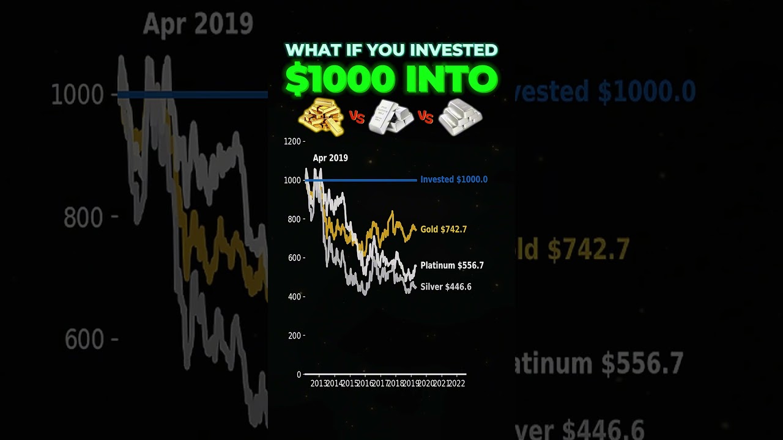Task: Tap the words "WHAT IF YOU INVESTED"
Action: (x=391, y=50)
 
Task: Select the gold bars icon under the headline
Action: (x=321, y=117)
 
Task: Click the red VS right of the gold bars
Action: (x=357, y=117)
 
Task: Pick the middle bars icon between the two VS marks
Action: (x=390, y=117)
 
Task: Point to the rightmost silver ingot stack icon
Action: (x=461, y=117)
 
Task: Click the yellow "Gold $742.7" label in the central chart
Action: (x=443, y=229)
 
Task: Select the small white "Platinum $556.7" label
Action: (x=452, y=265)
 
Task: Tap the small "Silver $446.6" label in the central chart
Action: (x=445, y=287)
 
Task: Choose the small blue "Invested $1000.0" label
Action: (x=454, y=180)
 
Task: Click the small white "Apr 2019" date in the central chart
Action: (x=330, y=158)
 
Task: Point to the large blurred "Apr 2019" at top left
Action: (x=198, y=24)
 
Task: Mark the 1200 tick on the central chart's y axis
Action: (x=294, y=141)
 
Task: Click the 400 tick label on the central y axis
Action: (x=295, y=296)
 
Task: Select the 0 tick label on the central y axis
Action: (x=299, y=374)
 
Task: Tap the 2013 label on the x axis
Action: (x=319, y=384)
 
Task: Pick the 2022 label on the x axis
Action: (x=456, y=384)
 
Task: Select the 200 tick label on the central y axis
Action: (x=295, y=335)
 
